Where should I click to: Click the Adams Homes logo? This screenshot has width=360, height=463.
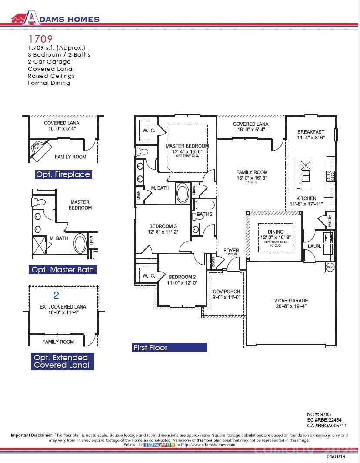pos(55,18)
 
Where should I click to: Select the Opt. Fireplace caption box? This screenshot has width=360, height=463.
pos(63,174)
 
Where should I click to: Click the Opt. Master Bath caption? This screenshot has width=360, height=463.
pos(63,270)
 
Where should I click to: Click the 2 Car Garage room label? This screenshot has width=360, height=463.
pos(291,301)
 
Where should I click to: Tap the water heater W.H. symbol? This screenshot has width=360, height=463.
pos(330,267)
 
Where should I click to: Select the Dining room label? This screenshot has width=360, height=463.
pos(275,232)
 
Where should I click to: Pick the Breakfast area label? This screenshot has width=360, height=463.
pos(311,132)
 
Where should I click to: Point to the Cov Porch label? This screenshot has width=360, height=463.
pos(226,292)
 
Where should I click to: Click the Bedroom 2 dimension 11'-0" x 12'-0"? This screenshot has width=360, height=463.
pos(183,282)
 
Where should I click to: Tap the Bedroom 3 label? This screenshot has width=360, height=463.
pos(163,226)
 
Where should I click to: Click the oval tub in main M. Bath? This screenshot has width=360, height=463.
pos(182,193)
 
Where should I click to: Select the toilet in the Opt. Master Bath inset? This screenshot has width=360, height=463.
pos(36,202)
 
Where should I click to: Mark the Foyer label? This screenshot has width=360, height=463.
pos(231,251)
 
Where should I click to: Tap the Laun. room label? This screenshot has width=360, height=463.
pos(315,246)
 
